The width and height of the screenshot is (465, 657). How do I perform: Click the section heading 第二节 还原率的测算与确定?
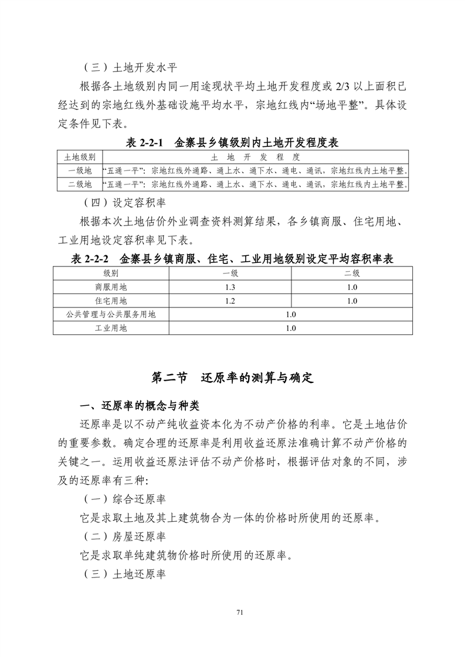click(x=233, y=378)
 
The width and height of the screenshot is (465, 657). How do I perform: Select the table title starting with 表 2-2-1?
click(x=232, y=142)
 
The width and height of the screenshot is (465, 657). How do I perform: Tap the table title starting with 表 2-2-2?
click(x=232, y=258)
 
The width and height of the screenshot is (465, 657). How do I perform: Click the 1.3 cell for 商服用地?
click(x=230, y=288)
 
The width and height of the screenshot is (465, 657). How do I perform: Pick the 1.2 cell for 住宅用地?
click(x=230, y=301)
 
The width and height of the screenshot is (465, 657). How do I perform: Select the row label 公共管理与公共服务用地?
click(x=111, y=314)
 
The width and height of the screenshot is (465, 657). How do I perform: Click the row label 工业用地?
click(x=111, y=328)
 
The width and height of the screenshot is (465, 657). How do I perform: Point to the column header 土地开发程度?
click(x=255, y=157)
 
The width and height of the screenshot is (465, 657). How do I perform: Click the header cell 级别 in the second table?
click(x=111, y=273)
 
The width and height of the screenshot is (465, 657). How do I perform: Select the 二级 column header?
click(x=351, y=273)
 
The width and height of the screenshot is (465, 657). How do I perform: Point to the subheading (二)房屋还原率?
click(x=123, y=536)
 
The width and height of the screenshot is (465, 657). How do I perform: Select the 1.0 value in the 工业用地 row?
click(x=291, y=328)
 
